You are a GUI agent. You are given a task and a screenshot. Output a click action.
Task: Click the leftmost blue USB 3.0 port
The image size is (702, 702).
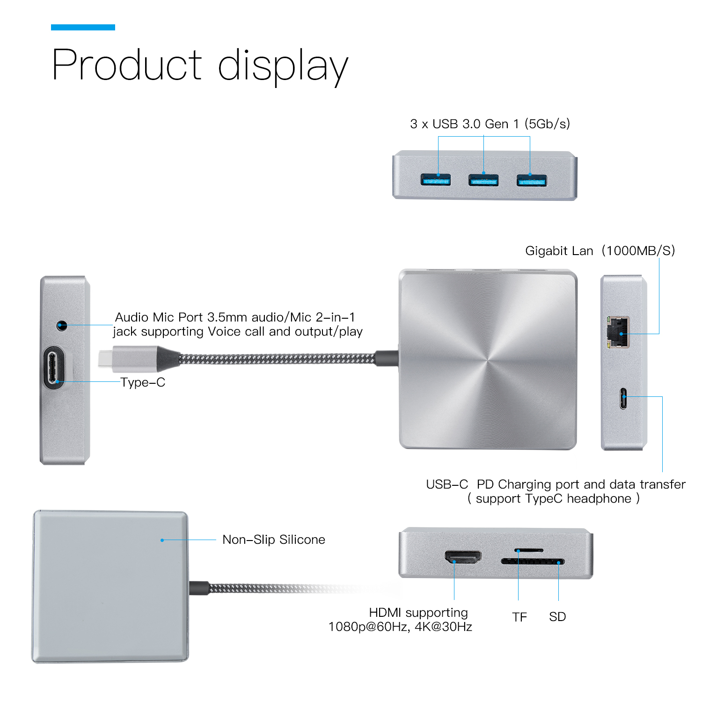point(435,180)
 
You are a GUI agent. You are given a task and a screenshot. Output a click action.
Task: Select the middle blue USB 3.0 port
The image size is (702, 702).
point(483,180)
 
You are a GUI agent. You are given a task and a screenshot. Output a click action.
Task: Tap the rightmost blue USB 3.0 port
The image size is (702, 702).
point(531,180)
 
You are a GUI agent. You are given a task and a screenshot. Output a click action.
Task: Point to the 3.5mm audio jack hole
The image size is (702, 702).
point(62,325)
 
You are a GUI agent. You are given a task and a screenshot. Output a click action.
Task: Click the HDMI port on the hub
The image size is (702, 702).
point(463,557)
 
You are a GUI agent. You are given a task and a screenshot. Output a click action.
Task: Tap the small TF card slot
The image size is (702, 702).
point(529,550)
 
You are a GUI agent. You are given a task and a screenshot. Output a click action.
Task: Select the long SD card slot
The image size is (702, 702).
point(533,561)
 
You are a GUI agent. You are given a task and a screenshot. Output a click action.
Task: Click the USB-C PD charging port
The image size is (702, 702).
point(623,398)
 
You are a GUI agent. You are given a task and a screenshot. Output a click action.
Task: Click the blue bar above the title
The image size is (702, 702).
point(83,27)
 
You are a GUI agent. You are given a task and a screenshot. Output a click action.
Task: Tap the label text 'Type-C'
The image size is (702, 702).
point(143,382)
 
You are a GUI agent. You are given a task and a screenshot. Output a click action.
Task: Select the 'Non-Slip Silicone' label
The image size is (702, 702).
point(273,540)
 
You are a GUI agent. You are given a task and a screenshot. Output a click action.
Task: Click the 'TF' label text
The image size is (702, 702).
point(519,617)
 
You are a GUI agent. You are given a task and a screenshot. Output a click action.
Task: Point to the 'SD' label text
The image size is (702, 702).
point(557,617)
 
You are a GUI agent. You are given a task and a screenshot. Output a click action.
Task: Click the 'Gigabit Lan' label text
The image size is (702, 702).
point(559,251)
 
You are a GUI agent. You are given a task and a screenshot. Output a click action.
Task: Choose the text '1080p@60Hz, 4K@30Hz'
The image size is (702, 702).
point(400,627)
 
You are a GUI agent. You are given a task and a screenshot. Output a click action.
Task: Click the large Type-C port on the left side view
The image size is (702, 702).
point(55,367)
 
